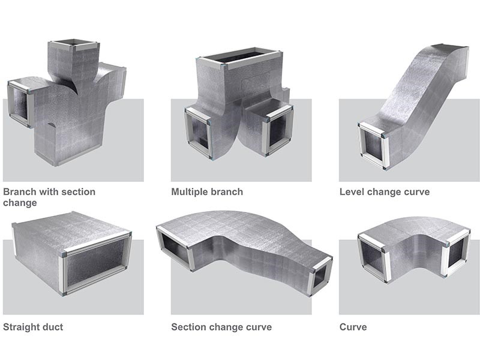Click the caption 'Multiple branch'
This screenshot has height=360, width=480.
[x=207, y=192]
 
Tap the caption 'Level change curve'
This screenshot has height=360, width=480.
[x=384, y=192]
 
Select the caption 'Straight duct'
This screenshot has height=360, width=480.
[x=33, y=327]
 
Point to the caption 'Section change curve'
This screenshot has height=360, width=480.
[x=221, y=327]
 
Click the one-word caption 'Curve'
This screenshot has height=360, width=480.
[x=353, y=327]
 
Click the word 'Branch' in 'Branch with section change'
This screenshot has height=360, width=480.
[x=19, y=192]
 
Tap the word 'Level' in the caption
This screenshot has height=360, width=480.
[x=352, y=192]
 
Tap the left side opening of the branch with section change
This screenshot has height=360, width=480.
[x=19, y=103]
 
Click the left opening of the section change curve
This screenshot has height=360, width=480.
[x=174, y=246]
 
